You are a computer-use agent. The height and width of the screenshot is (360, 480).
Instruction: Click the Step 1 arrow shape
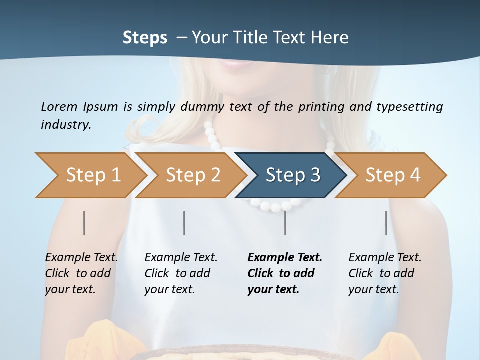pyautogui.click(x=90, y=175)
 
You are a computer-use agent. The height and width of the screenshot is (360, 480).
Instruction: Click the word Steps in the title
pyautogui.click(x=145, y=37)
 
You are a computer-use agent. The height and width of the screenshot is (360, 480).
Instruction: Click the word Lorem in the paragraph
pyautogui.click(x=59, y=106)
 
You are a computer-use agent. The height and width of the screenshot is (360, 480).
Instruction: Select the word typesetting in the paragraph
pyautogui.click(x=409, y=107)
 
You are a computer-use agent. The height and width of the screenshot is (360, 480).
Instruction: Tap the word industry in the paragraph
pyautogui.click(x=65, y=124)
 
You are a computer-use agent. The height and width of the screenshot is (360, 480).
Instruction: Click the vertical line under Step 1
pyautogui.click(x=84, y=223)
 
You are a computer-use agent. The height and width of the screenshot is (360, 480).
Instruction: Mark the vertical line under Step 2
pyautogui.click(x=184, y=223)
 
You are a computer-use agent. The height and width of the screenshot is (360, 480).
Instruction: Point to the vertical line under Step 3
pyautogui.click(x=285, y=223)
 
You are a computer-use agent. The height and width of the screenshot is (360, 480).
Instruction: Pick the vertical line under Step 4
pyautogui.click(x=386, y=223)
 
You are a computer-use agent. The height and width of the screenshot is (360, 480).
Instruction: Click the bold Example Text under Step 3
pyautogui.click(x=285, y=258)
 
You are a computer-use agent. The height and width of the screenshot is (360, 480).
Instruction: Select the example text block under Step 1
pyautogui.click(x=81, y=273)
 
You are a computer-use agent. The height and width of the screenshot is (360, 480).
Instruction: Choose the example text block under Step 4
pyautogui.click(x=385, y=273)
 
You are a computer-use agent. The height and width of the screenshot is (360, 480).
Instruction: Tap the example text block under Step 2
pyautogui.click(x=181, y=273)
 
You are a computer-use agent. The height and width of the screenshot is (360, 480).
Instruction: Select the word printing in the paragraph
pyautogui.click(x=320, y=107)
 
